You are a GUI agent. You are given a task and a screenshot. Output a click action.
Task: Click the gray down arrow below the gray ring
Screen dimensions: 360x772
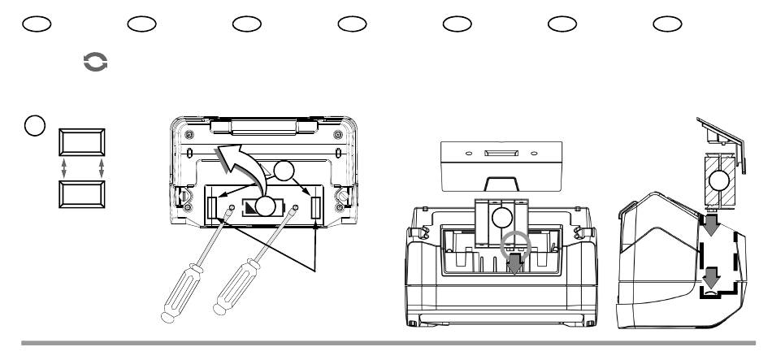tap(517, 266)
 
